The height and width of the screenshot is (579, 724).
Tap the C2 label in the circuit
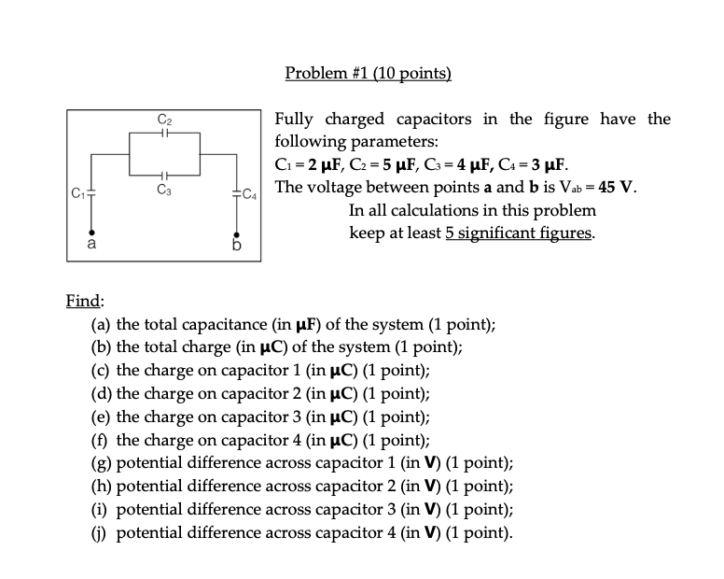pos(164,120)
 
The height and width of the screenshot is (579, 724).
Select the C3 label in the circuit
pos(164,191)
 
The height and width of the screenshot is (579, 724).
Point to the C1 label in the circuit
pos(78,194)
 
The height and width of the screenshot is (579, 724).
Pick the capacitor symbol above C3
pos(164,176)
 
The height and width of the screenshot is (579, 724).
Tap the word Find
pos(84,301)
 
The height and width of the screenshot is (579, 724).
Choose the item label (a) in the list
pos(101,325)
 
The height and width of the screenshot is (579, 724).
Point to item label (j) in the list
pos(101,533)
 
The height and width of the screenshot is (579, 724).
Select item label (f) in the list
pos(101,440)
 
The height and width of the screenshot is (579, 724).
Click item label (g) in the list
pos(101,463)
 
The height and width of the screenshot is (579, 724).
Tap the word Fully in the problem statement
pos(295,120)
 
